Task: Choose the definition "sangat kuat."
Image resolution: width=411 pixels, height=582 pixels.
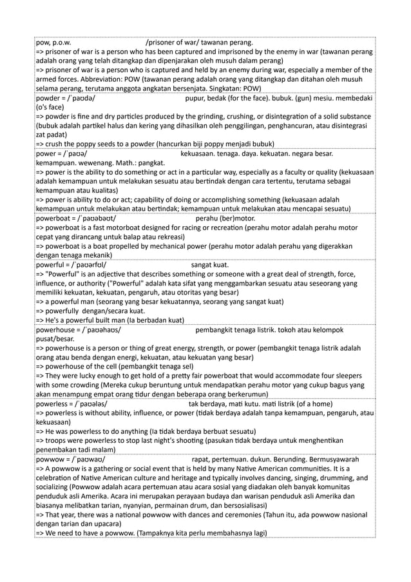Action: pos(209,264)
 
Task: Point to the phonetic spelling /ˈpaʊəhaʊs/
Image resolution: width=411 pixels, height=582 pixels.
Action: pos(97,330)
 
